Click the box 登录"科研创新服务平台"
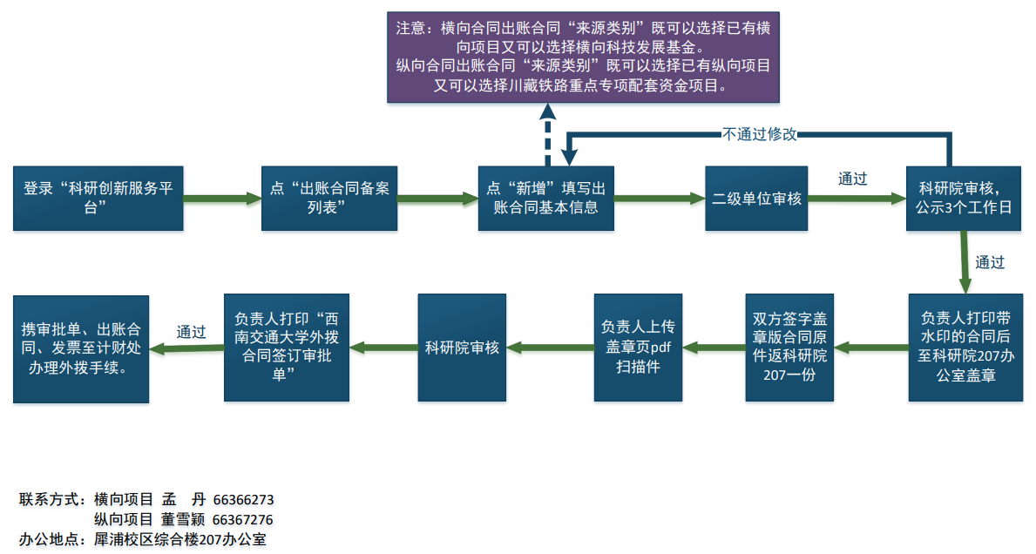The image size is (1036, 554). [98, 198]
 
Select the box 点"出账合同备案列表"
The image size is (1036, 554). [330, 198]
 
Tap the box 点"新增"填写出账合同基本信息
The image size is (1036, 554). [546, 198]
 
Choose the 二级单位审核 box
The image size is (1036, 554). [756, 198]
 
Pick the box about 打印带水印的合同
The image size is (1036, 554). [965, 347]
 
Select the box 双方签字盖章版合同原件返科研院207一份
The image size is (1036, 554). [789, 347]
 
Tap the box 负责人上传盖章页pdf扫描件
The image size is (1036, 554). [638, 347]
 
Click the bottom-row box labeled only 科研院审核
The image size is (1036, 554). [462, 347]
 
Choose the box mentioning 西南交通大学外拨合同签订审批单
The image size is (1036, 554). [287, 347]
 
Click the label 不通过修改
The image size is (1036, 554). [759, 134]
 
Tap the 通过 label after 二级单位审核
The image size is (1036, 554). [852, 179]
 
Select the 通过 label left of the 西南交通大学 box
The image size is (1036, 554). [191, 331]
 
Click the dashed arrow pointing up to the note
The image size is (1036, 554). [546, 135]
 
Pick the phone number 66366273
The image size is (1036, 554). [243, 500]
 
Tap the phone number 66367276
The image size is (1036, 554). [243, 520]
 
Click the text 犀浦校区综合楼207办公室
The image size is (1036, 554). [179, 539]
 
